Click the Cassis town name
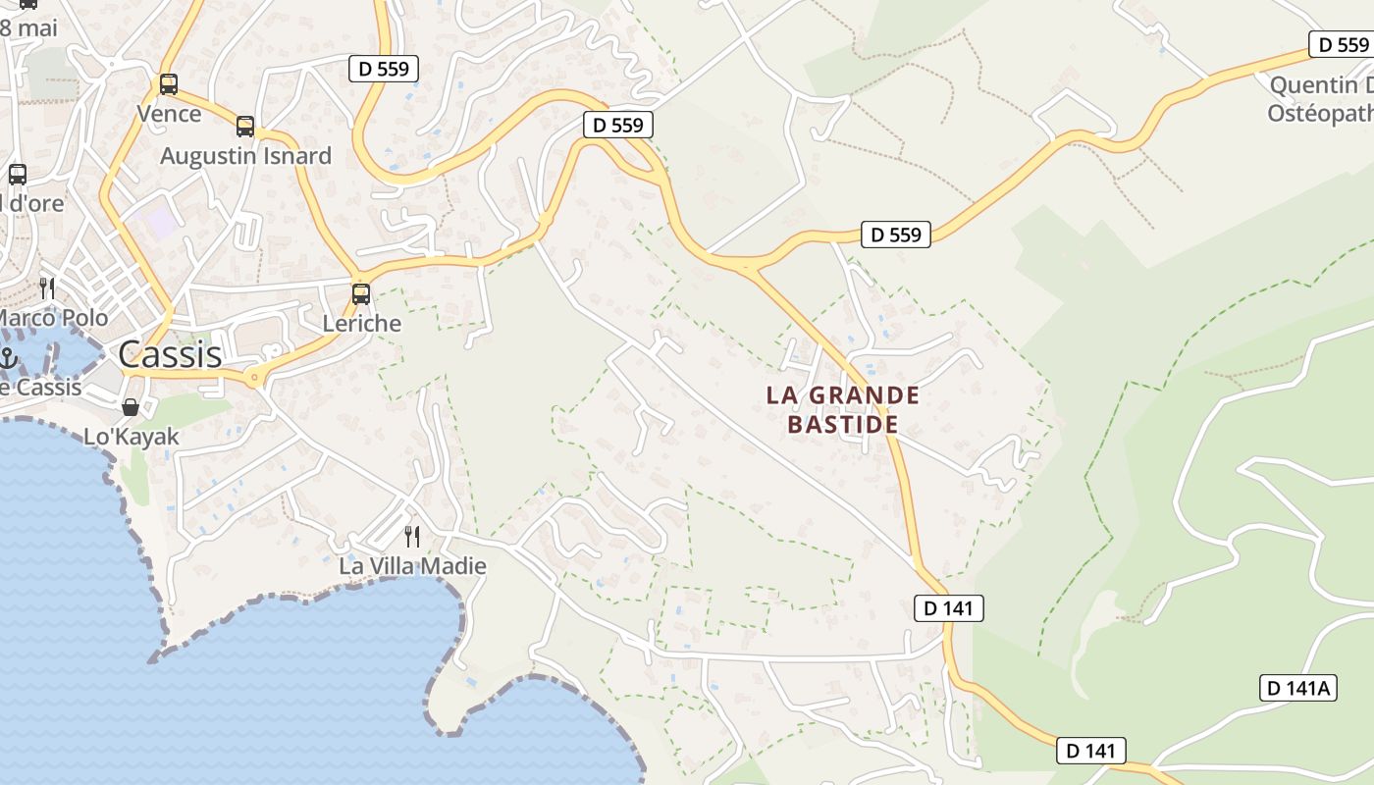(170, 354)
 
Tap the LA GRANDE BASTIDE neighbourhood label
(843, 409)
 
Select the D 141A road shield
(1297, 688)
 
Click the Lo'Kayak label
(132, 437)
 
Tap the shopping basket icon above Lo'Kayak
(130, 407)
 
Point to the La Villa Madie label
(412, 566)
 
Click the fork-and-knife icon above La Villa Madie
(412, 536)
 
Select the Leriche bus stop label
(362, 323)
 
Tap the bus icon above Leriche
(361, 293)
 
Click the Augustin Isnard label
(245, 156)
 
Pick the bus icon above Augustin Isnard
(245, 127)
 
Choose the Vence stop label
(169, 114)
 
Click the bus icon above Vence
(169, 84)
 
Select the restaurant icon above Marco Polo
(46, 288)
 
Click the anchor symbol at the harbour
(9, 358)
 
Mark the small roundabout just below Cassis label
(255, 376)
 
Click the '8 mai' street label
(28, 27)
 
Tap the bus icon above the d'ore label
(18, 175)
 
